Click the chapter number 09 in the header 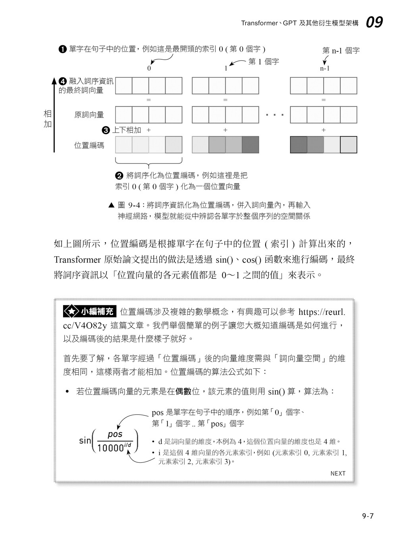tap(374, 22)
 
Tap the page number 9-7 tap(368, 516)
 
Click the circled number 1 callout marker tap(62, 49)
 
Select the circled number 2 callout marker tap(119, 175)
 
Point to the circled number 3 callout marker tap(106, 130)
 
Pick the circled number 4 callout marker tap(62, 81)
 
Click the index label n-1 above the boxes tap(325, 68)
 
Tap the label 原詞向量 tap(89, 115)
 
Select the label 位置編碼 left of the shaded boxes tap(89, 145)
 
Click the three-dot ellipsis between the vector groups tap(275, 115)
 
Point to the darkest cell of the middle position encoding tap(250, 145)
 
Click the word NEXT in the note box tap(338, 473)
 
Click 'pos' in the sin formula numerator tap(115, 434)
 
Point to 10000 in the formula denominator tap(110, 448)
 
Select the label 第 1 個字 tap(264, 62)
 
